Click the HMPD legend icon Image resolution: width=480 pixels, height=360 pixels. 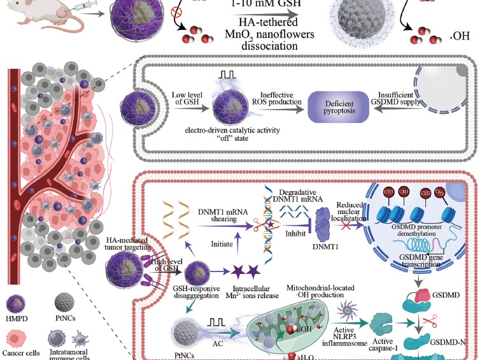(x=20, y=302)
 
